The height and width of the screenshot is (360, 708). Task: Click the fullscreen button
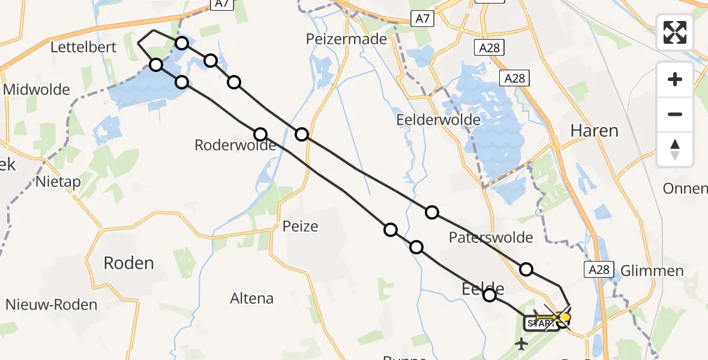click(675, 32)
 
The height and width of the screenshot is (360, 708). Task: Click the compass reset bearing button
click(675, 149)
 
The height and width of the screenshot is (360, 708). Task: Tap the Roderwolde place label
click(226, 145)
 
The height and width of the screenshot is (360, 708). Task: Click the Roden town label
click(129, 263)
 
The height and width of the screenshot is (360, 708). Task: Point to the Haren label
click(594, 130)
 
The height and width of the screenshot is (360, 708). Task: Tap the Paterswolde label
click(491, 238)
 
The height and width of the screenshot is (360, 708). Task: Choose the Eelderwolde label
click(439, 120)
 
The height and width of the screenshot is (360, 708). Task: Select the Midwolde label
click(37, 90)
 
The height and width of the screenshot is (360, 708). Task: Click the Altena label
click(251, 298)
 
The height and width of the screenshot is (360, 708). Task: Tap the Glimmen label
click(652, 271)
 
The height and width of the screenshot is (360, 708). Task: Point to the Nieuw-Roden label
click(52, 305)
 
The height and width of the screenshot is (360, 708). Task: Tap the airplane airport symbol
click(521, 344)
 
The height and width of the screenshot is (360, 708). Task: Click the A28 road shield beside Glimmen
click(598, 270)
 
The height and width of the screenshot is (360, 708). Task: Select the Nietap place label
click(59, 181)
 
